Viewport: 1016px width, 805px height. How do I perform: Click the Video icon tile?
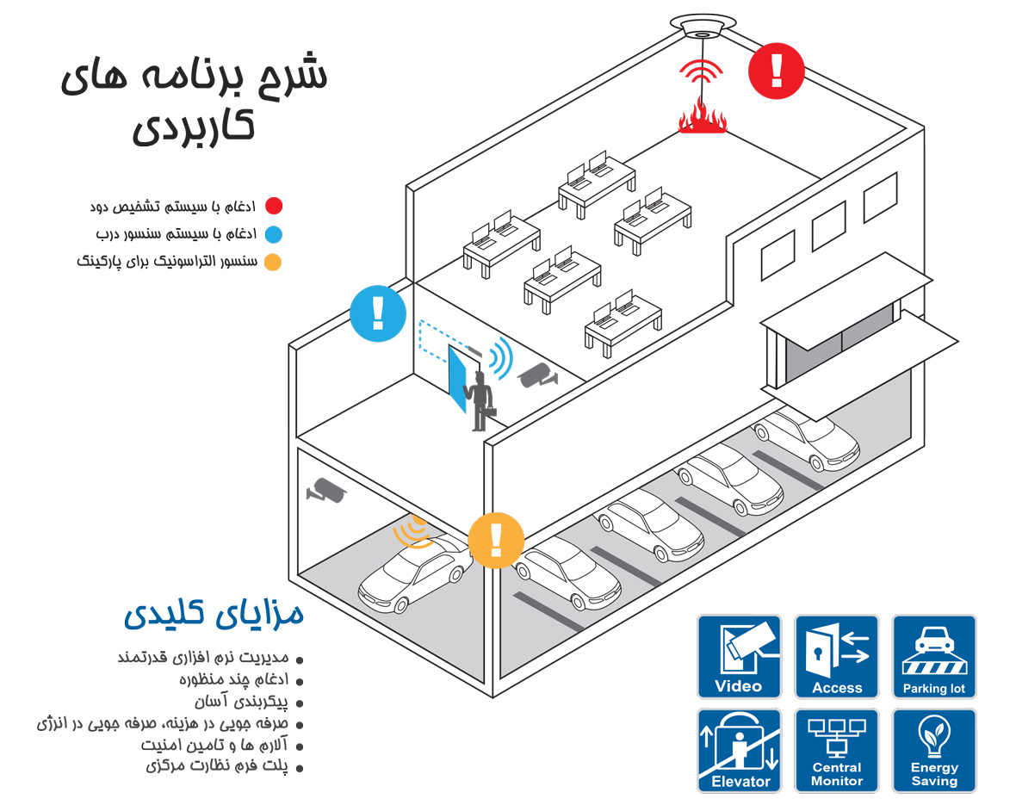point(740,657)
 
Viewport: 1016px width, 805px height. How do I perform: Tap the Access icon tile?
point(837,657)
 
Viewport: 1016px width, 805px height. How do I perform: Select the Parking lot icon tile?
point(933,657)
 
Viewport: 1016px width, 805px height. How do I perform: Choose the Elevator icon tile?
point(740,751)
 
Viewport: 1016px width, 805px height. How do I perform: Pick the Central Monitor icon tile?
point(837,751)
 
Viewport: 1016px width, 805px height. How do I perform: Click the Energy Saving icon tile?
point(933,751)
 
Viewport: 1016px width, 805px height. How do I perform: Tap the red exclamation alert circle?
point(777,71)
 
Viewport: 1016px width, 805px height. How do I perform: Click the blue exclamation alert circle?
point(378,313)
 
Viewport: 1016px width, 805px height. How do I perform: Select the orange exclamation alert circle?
point(496,541)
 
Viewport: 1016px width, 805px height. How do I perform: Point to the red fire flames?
point(703,117)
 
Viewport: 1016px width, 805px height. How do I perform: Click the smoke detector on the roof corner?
point(703,25)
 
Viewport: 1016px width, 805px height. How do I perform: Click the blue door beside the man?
point(457,380)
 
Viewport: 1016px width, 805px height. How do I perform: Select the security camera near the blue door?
point(537,376)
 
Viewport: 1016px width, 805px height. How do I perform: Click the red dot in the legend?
point(274,206)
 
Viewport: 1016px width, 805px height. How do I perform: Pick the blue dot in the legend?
point(274,234)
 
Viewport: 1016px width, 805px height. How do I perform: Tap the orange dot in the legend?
point(274,262)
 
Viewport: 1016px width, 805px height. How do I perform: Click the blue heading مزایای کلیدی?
point(214,612)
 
